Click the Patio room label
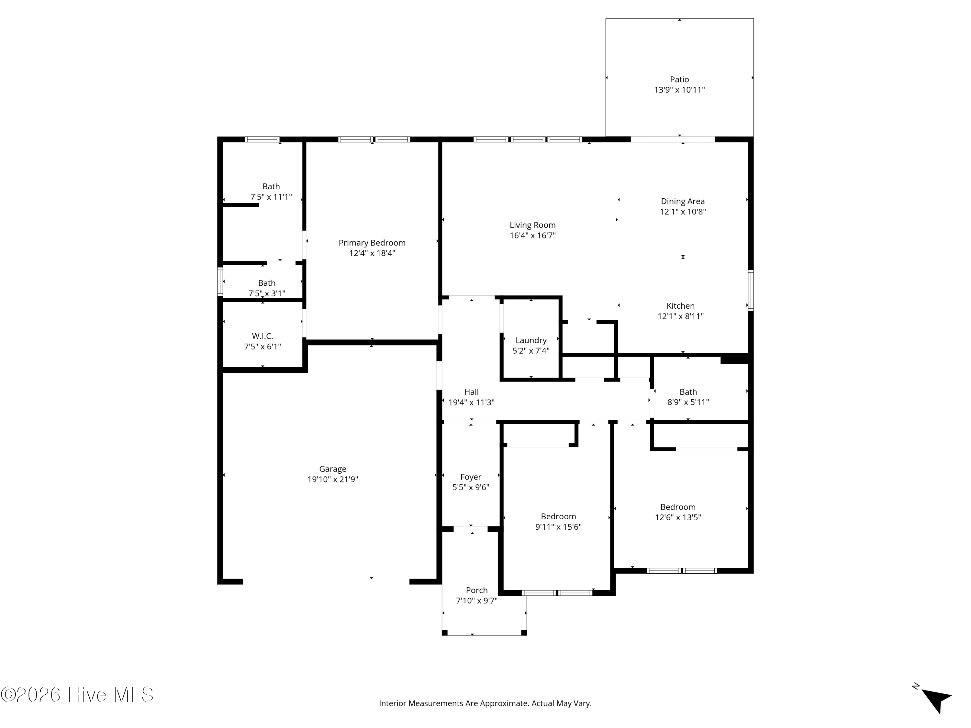pyautogui.click(x=679, y=79)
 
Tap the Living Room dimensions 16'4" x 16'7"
pyautogui.click(x=532, y=236)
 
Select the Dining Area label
pyautogui.click(x=683, y=202)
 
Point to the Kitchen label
pyautogui.click(x=680, y=306)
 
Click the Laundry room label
pyautogui.click(x=531, y=340)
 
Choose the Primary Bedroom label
pyautogui.click(x=372, y=243)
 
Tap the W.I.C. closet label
pyautogui.click(x=262, y=336)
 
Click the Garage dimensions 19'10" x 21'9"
pyautogui.click(x=333, y=479)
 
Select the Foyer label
pyautogui.click(x=471, y=477)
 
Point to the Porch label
pyautogui.click(x=477, y=590)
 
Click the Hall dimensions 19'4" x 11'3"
pyautogui.click(x=472, y=403)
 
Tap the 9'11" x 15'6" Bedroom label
pyautogui.click(x=558, y=516)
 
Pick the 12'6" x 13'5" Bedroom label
pyautogui.click(x=678, y=507)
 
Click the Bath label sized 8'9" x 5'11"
pyautogui.click(x=688, y=392)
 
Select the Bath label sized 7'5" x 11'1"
pyautogui.click(x=271, y=186)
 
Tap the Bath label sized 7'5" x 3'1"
pyautogui.click(x=266, y=283)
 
